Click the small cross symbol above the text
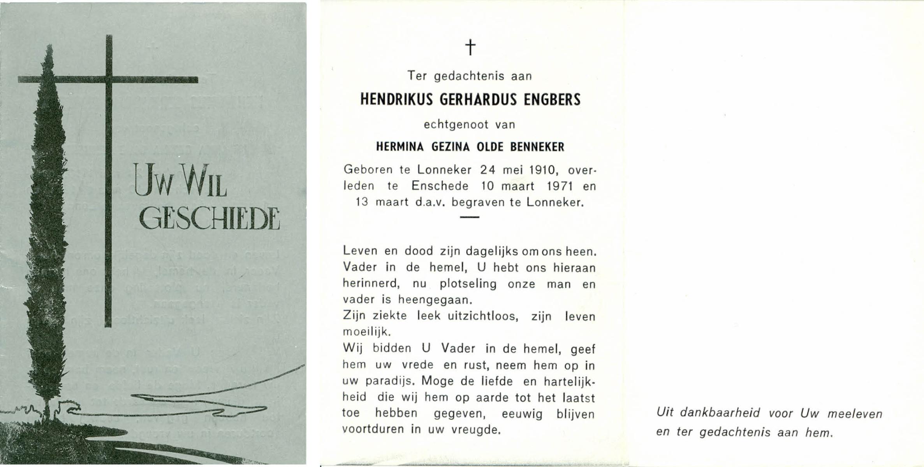point(470,48)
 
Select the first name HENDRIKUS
point(396,100)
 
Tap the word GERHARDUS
point(478,100)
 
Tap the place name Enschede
point(440,186)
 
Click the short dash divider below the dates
point(470,217)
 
